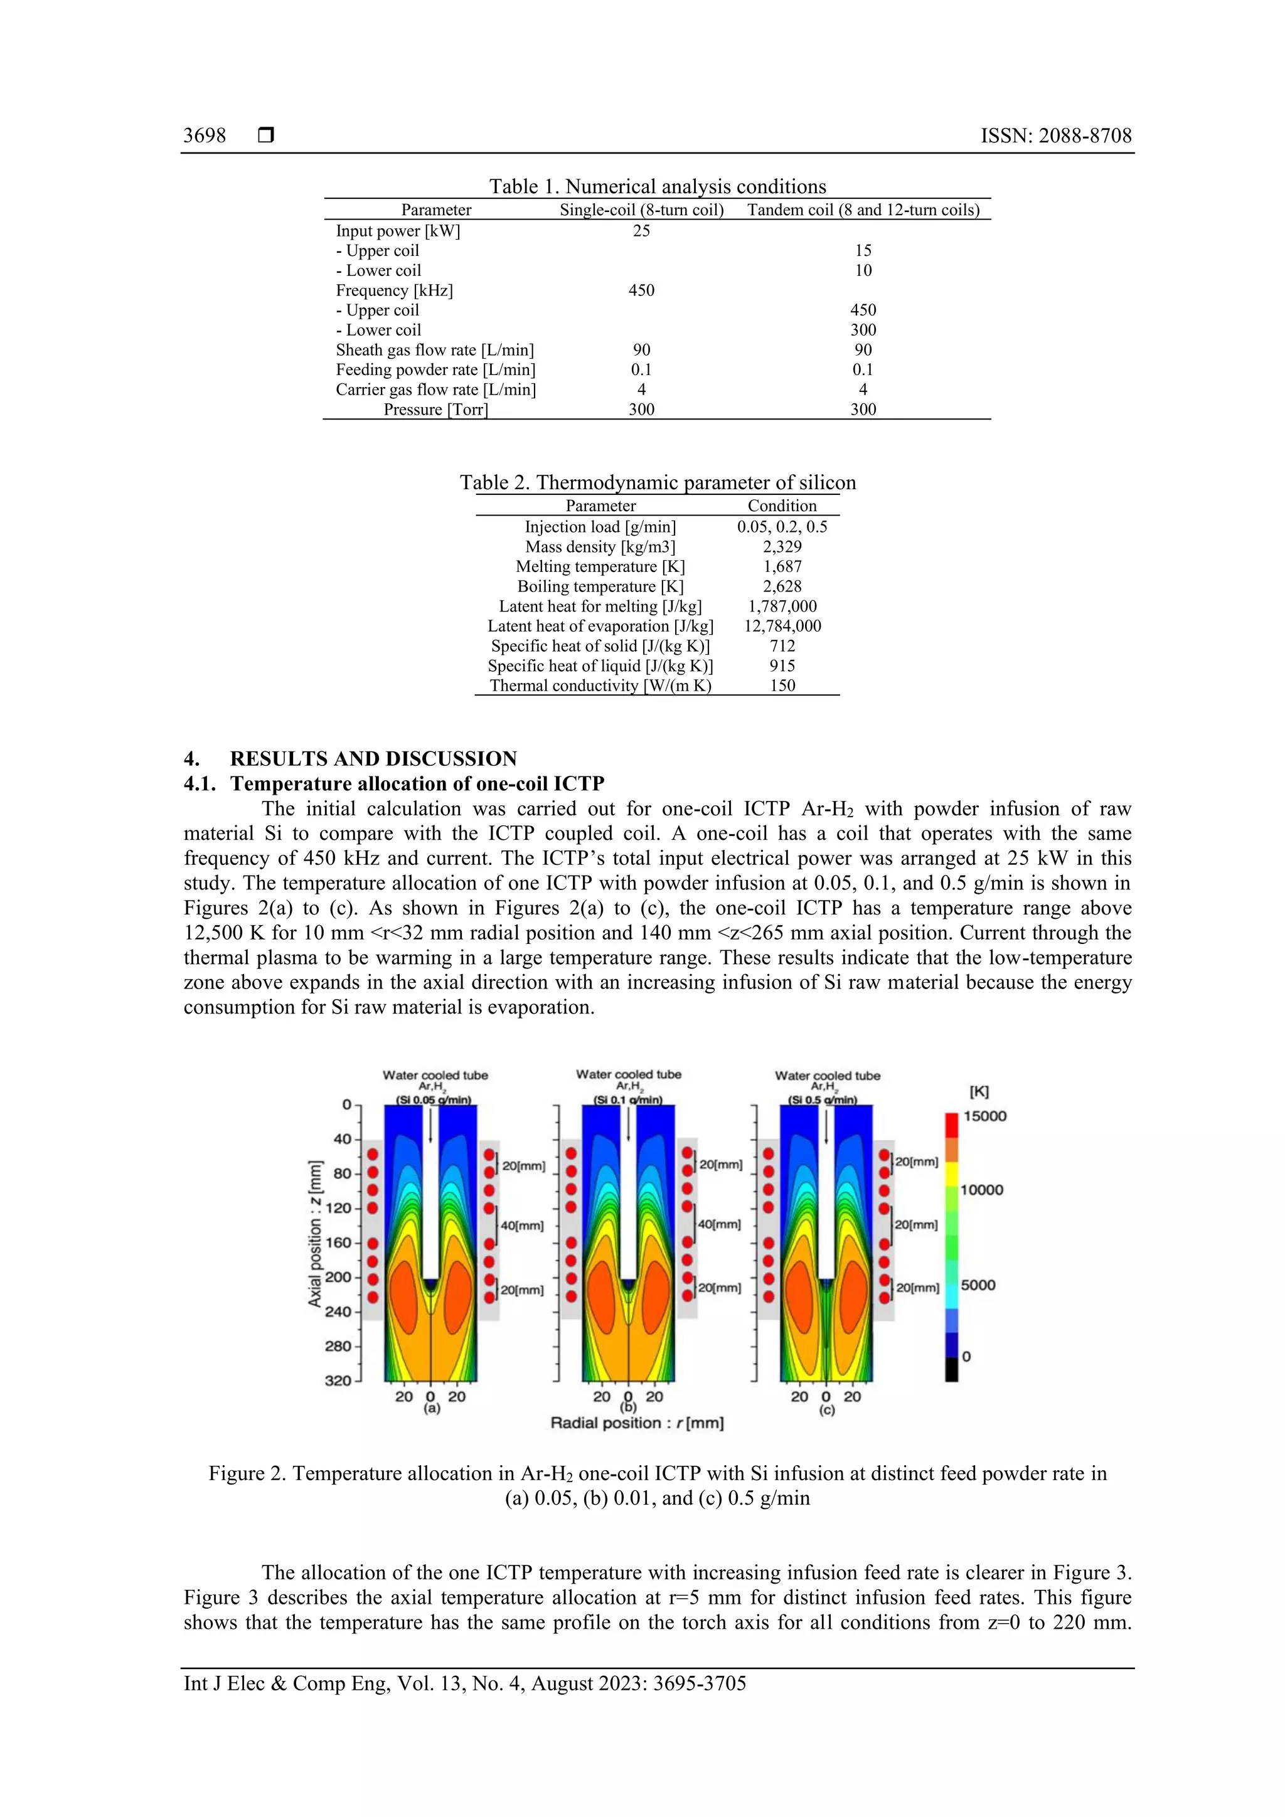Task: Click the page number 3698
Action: point(205,135)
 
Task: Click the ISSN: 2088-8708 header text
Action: point(1055,135)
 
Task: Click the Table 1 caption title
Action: point(657,187)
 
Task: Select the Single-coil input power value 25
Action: point(641,231)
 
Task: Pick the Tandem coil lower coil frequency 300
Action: point(863,330)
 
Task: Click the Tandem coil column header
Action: point(863,209)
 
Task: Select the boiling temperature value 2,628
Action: point(782,586)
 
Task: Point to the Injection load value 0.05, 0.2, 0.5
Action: point(782,527)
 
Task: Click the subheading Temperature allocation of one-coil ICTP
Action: point(417,784)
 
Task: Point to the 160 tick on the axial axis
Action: point(339,1243)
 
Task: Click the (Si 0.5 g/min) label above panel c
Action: point(823,1100)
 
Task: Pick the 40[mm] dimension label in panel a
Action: point(523,1226)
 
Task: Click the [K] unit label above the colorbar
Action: point(979,1091)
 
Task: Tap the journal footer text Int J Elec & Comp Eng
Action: point(465,1683)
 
